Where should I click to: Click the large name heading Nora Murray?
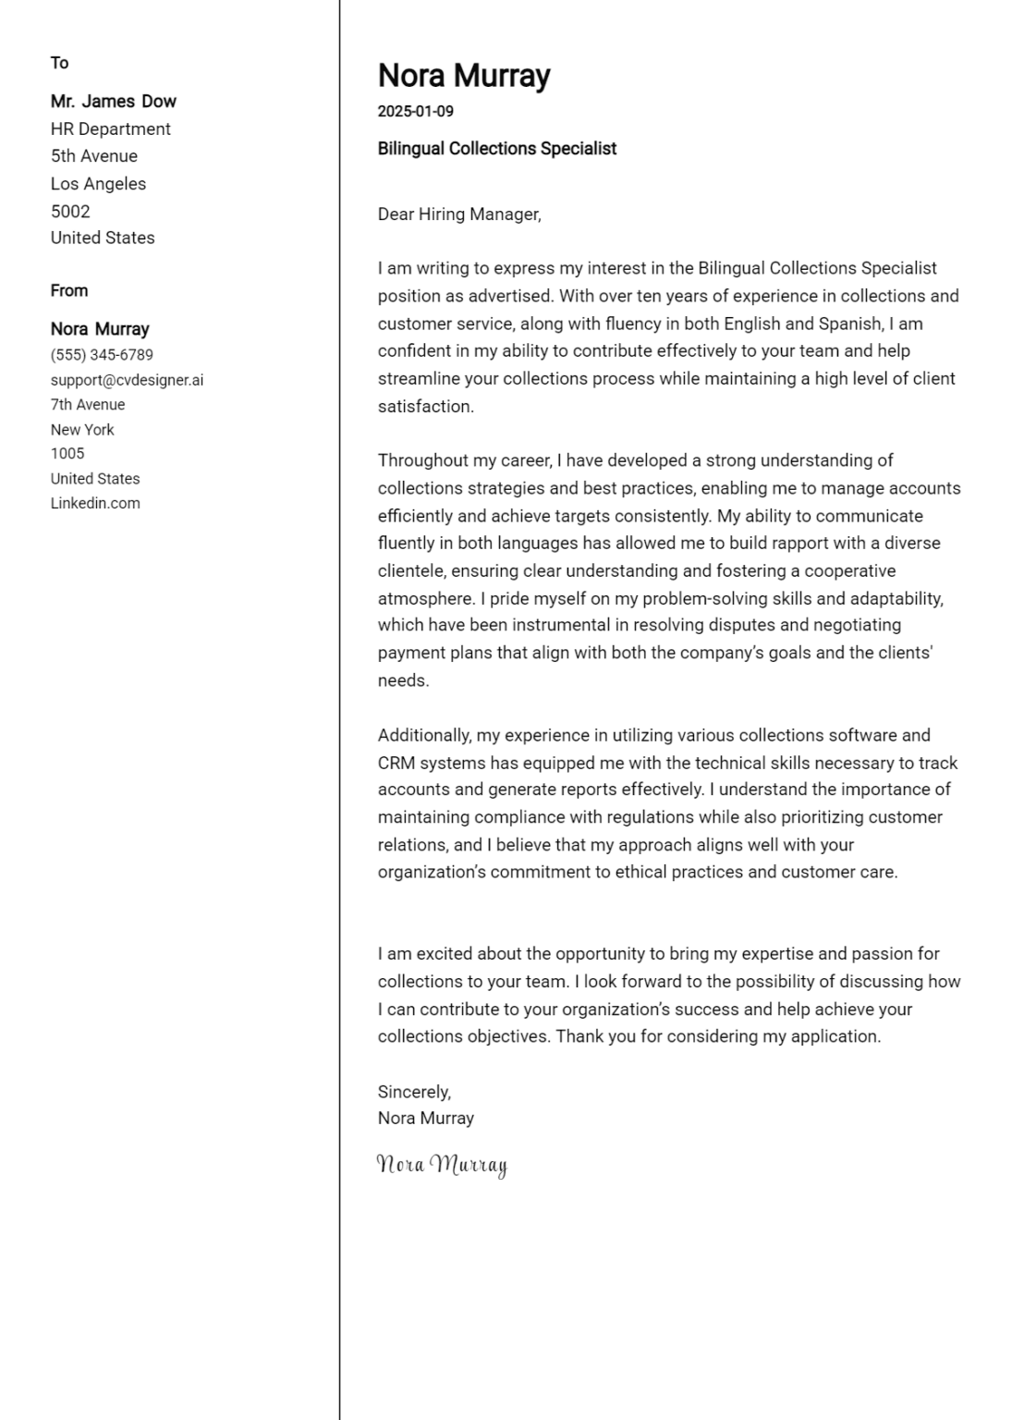click(x=463, y=76)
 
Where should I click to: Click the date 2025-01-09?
click(x=415, y=112)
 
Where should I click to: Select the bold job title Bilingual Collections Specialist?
click(x=496, y=149)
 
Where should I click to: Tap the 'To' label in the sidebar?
click(x=59, y=63)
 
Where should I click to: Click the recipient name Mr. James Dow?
click(x=113, y=102)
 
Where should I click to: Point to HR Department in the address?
click(x=110, y=129)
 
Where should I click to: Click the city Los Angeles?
click(x=98, y=184)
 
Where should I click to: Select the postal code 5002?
click(x=70, y=211)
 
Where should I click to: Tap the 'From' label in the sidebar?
click(x=69, y=290)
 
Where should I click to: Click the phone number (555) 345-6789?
click(x=102, y=355)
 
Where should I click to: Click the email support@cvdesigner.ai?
click(x=127, y=380)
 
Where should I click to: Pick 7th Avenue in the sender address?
click(x=88, y=405)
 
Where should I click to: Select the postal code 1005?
click(x=67, y=454)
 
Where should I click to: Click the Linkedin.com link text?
click(x=95, y=504)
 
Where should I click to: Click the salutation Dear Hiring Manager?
click(x=458, y=214)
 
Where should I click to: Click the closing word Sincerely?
click(x=413, y=1092)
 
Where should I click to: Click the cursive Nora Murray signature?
click(x=442, y=1165)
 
